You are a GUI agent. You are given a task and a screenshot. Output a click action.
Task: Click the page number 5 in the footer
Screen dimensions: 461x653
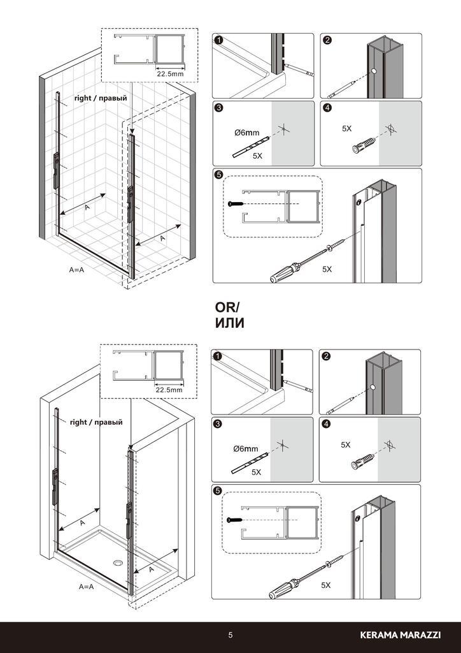[x=230, y=635]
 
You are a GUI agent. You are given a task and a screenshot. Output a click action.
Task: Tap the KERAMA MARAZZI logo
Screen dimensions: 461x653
[x=401, y=635]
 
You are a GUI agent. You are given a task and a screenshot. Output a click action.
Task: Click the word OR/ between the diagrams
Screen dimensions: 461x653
[x=227, y=307]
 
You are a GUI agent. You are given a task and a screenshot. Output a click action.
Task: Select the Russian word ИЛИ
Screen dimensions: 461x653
[x=229, y=323]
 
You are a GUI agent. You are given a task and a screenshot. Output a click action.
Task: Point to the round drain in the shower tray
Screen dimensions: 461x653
[x=118, y=563]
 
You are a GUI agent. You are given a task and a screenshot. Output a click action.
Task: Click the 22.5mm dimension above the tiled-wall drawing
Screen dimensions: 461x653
[x=169, y=74]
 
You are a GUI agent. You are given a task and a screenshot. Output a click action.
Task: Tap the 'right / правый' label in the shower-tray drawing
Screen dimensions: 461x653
[x=96, y=422]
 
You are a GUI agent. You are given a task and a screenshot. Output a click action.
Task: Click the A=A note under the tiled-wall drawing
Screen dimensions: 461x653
[x=76, y=270]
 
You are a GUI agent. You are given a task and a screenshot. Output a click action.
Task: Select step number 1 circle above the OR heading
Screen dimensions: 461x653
[x=218, y=40]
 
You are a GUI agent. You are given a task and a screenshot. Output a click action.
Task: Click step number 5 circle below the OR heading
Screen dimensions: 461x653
[x=217, y=491]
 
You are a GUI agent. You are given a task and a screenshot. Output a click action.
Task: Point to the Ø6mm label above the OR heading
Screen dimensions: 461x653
[x=247, y=133]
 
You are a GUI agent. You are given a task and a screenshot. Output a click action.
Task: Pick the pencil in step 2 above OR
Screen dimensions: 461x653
[x=343, y=89]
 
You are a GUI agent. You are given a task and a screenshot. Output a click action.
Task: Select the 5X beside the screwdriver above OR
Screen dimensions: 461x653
[x=327, y=269]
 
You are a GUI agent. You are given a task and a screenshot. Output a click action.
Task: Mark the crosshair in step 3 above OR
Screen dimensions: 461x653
[x=283, y=129]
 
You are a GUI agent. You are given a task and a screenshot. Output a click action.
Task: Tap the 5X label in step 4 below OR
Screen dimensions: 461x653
[x=346, y=444]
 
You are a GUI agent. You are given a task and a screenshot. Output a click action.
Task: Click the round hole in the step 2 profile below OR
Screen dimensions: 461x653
[x=373, y=387]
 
